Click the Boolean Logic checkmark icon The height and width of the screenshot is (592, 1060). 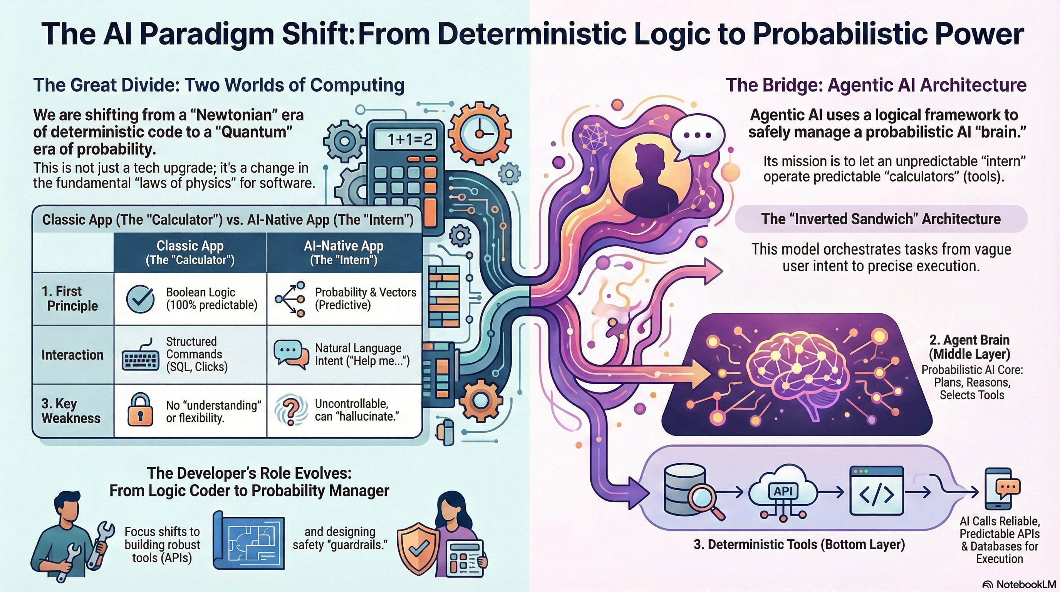click(x=140, y=298)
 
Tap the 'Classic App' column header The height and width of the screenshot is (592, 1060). click(x=190, y=252)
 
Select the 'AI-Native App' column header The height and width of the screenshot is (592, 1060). click(x=344, y=252)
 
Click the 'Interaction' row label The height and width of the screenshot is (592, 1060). click(x=72, y=355)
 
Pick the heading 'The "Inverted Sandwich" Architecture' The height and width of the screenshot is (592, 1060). click(x=881, y=219)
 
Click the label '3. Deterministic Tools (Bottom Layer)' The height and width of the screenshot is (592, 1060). click(x=800, y=545)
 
